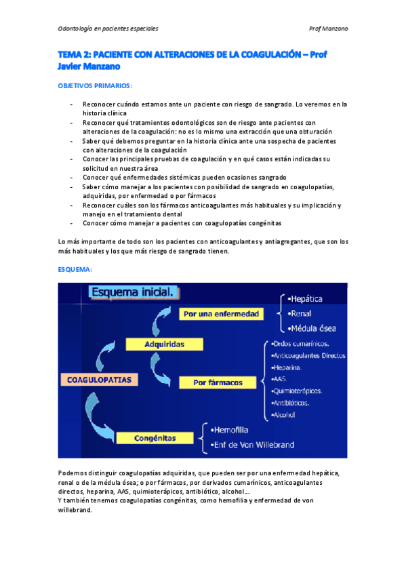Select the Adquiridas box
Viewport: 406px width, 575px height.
(x=165, y=344)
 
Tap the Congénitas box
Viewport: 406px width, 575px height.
(x=156, y=439)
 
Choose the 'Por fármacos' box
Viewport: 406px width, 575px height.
(x=218, y=382)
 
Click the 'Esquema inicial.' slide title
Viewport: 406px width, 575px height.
(x=134, y=292)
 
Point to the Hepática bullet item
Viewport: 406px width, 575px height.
(x=304, y=298)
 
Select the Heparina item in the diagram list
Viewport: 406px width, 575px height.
(x=286, y=367)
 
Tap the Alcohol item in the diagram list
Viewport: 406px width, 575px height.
(x=283, y=414)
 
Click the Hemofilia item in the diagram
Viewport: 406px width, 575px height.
(x=230, y=429)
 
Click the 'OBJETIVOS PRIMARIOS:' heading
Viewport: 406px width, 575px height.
(x=94, y=86)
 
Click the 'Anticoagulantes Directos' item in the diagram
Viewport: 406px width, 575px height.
(x=308, y=355)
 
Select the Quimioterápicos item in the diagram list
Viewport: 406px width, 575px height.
(x=296, y=391)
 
